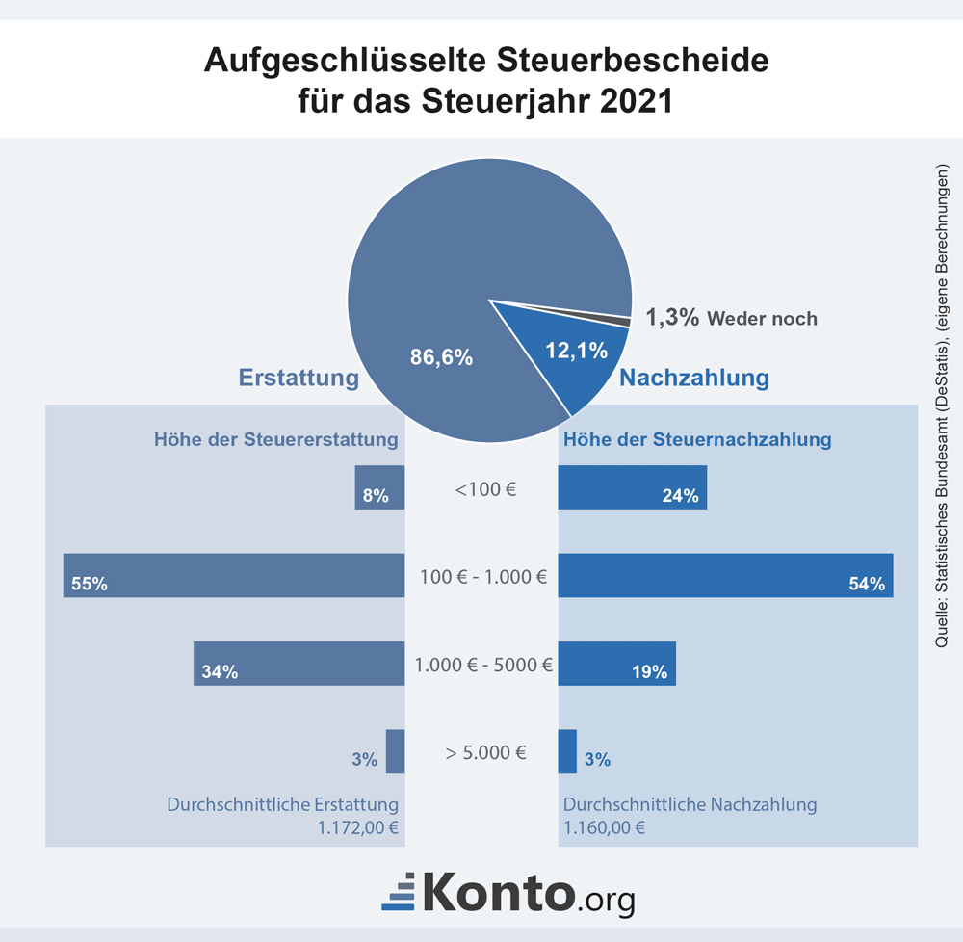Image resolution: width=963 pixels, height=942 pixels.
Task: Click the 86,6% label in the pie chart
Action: pyautogui.click(x=441, y=357)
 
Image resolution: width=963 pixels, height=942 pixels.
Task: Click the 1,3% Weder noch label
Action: pyautogui.click(x=730, y=318)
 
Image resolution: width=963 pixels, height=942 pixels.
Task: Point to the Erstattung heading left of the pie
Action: pyautogui.click(x=299, y=378)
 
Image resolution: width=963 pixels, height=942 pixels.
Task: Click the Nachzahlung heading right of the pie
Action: pyautogui.click(x=693, y=378)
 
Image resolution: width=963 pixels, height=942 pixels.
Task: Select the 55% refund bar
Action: pyautogui.click(x=234, y=575)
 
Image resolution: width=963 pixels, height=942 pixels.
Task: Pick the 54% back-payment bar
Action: pyautogui.click(x=725, y=575)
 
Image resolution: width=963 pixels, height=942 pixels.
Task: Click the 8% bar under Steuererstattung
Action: pyautogui.click(x=379, y=487)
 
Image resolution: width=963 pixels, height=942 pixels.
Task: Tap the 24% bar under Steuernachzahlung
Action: pyautogui.click(x=633, y=487)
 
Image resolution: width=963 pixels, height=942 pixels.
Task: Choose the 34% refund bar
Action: pyautogui.click(x=299, y=663)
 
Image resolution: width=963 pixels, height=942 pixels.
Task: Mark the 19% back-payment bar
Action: pyautogui.click(x=616, y=663)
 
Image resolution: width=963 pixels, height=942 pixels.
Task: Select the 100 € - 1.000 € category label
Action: pyautogui.click(x=482, y=578)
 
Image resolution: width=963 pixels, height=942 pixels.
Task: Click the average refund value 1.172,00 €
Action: pyautogui.click(x=362, y=826)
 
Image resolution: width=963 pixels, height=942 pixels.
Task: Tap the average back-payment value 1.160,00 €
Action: pyautogui.click(x=604, y=826)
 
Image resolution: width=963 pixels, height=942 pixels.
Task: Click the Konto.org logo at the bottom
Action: pyautogui.click(x=508, y=892)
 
